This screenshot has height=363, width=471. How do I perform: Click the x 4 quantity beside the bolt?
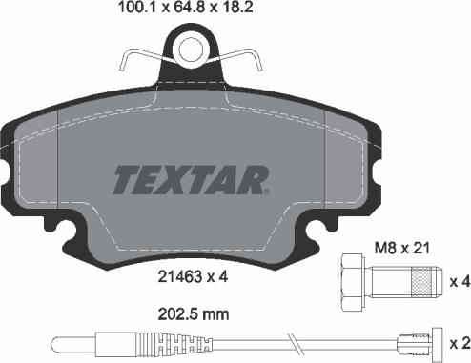coord(456,281)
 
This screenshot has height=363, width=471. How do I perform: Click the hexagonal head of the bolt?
coord(351,281)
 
